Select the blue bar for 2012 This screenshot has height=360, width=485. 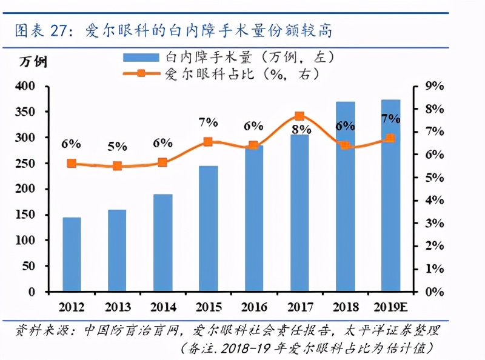[72, 254]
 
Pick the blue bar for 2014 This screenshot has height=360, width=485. [162, 242]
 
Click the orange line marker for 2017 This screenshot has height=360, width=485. [299, 116]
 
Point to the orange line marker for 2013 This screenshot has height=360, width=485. [117, 165]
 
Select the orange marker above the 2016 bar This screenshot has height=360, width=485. [253, 145]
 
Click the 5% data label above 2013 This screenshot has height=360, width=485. [117, 146]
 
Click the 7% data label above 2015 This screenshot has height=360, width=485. [207, 122]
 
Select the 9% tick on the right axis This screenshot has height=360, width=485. [435, 87]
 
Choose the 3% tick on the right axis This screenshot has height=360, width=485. [435, 223]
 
